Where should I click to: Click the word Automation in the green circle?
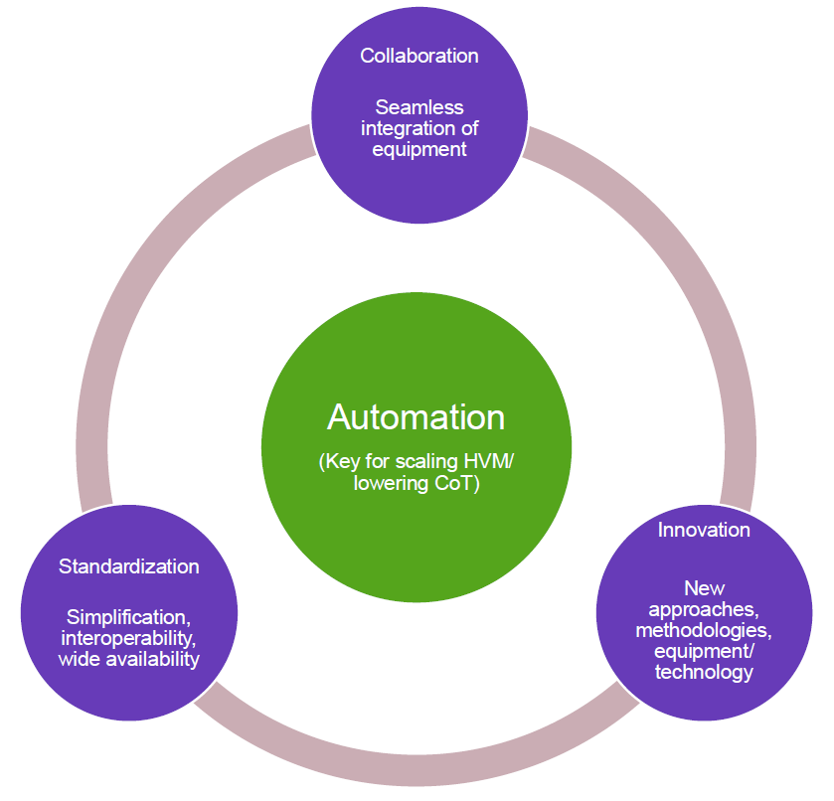416,417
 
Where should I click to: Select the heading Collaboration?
419,56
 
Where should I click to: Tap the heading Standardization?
128,566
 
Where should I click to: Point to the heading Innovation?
704,530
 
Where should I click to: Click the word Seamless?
419,107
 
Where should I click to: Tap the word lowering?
391,484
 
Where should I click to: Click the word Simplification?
128,617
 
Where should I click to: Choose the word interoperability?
128,638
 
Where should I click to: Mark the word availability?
153,660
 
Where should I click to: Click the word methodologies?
704,630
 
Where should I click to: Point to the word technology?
704,672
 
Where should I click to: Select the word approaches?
704,610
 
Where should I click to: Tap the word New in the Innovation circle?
704,588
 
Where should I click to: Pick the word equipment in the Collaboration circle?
419,150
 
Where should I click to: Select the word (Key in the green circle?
339,462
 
